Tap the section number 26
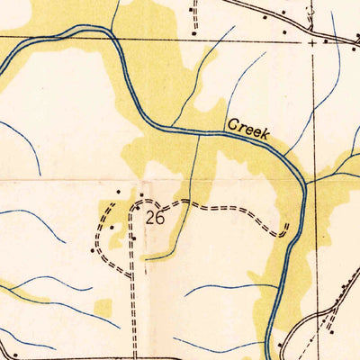[154, 217]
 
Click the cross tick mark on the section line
[312, 41]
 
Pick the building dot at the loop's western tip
[94, 250]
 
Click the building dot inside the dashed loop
[112, 228]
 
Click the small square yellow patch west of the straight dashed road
[103, 308]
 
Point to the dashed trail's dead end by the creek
[286, 224]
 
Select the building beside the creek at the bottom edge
[281, 344]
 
